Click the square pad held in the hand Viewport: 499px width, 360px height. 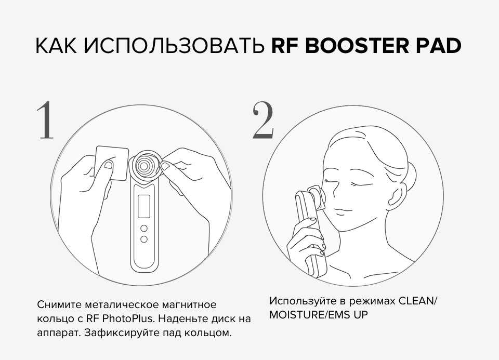[x=112, y=163]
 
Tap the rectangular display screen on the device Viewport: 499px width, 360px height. [x=144, y=206]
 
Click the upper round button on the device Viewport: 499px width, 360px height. [x=144, y=228]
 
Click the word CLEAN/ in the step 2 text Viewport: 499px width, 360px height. [x=418, y=301]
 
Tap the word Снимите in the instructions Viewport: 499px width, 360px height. [x=59, y=304]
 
